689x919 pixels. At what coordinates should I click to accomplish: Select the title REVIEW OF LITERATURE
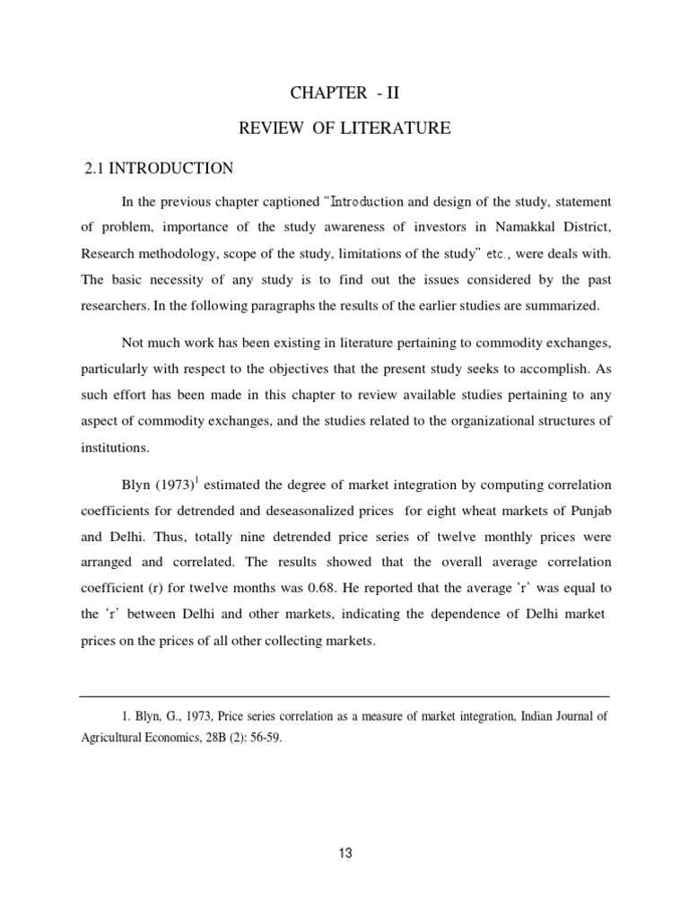344,129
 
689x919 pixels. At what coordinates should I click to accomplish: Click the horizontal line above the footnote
344,696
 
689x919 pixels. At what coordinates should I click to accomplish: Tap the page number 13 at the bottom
345,853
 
